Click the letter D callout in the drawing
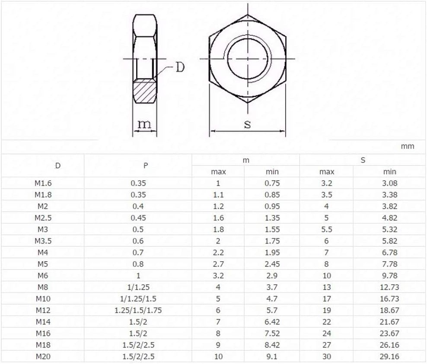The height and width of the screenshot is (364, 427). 180,67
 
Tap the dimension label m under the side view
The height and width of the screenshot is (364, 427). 144,124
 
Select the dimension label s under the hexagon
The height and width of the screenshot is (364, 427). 247,124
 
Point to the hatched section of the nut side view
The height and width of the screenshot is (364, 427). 145,91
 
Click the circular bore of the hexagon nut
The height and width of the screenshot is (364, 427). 248,58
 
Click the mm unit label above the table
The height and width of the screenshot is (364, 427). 408,146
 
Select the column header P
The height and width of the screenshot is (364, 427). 146,165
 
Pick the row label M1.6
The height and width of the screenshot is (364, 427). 43,184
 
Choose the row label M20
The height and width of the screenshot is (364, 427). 43,356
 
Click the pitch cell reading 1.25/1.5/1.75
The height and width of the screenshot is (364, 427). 138,310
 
